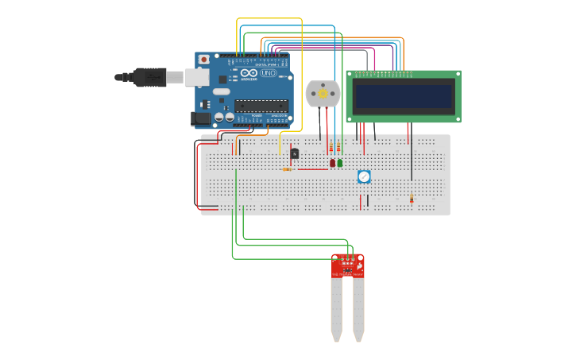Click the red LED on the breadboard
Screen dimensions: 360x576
pos(333,163)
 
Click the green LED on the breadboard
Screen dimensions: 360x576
pos(340,163)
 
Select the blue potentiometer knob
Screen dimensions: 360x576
pos(364,176)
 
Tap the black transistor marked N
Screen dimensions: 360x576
pos(295,153)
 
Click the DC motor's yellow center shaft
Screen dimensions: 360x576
pos(323,95)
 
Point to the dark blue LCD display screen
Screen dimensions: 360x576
pos(404,96)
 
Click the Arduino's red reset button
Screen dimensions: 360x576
pos(204,60)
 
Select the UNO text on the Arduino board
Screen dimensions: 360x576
pos(269,73)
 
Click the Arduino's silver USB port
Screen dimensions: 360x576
pos(197,77)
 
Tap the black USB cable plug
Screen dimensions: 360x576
pos(149,77)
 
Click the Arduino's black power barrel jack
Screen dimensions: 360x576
pos(201,118)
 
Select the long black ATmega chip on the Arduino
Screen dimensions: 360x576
pos(261,106)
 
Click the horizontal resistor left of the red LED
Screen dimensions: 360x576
pos(287,169)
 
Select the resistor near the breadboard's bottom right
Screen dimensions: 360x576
pos(412,199)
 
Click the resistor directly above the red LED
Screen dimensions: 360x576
pos(332,148)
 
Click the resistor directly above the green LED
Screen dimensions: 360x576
pos(339,148)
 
